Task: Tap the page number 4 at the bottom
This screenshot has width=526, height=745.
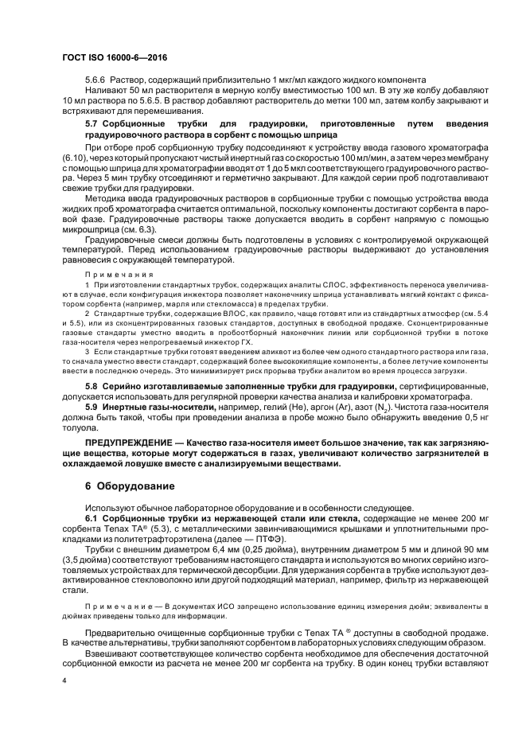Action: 65,681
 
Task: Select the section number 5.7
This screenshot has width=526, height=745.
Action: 92,125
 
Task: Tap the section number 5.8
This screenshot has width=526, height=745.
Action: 92,386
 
